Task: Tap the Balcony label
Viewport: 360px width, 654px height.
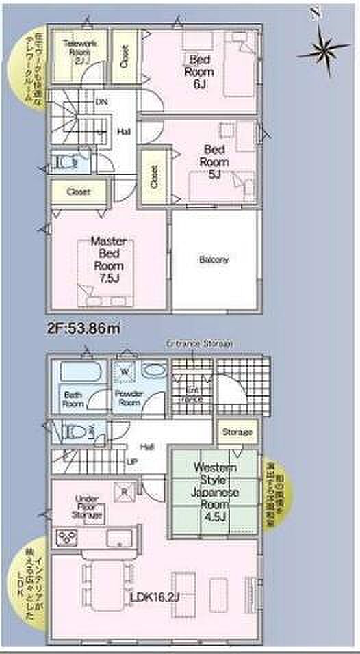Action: pos(214,260)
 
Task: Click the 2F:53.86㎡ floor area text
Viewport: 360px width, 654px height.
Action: pos(83,328)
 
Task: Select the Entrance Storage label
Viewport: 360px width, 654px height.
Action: pos(199,343)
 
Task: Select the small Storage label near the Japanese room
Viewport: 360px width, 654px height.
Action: pos(236,432)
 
